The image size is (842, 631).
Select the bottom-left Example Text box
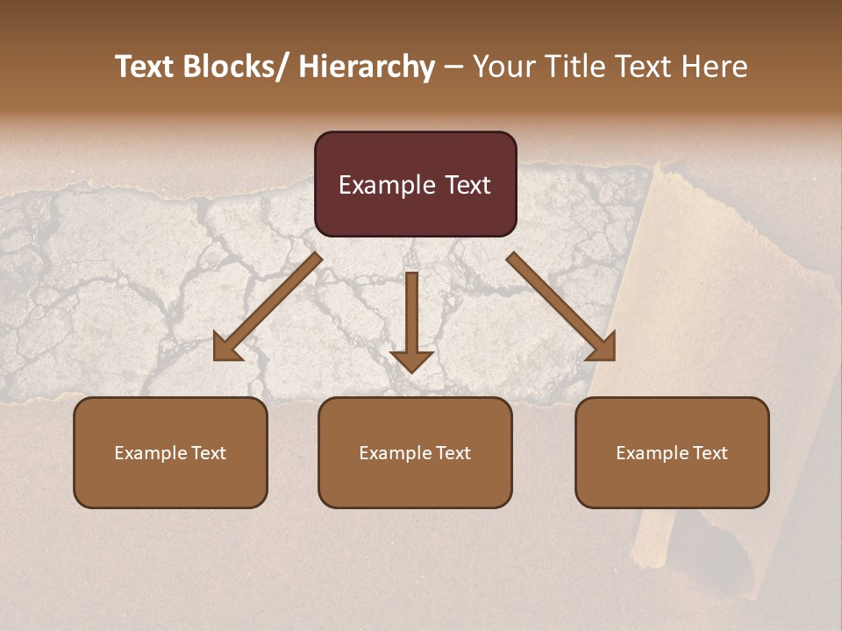[170, 452]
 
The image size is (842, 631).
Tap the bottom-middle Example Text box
[415, 452]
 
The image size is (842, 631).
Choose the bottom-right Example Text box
[672, 452]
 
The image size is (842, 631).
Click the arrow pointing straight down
[411, 320]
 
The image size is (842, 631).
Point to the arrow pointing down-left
[268, 307]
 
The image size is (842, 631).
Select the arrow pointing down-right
[561, 307]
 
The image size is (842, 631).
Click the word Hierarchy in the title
[367, 67]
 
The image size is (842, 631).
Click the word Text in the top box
[467, 185]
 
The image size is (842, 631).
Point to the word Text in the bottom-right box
[709, 453]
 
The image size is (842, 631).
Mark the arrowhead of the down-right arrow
[603, 348]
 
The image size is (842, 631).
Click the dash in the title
[453, 67]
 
